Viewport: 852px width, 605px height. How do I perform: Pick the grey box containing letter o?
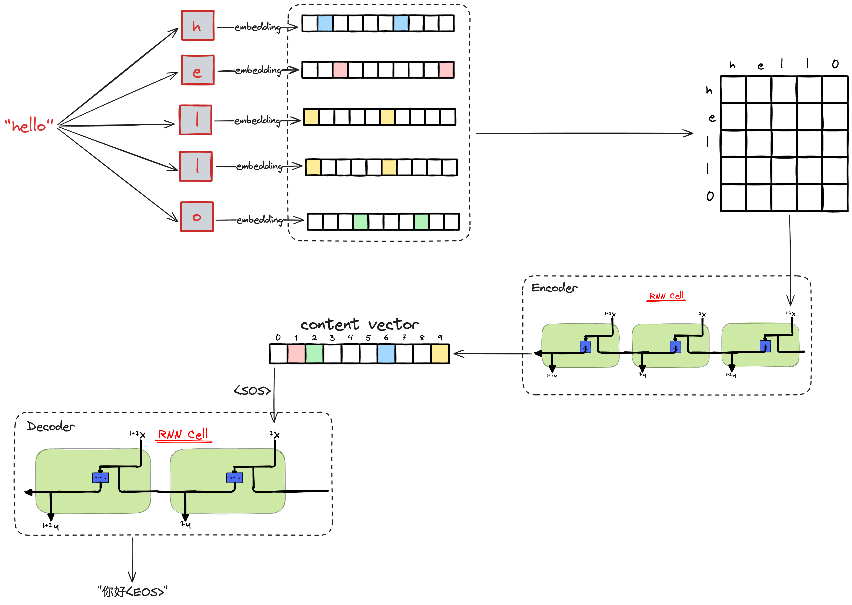click(197, 217)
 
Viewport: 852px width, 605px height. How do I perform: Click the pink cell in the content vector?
click(296, 354)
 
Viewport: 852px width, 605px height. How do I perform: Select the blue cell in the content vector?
click(386, 354)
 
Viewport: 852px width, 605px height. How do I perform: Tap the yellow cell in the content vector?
click(440, 354)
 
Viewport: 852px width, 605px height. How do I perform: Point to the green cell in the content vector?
click(314, 354)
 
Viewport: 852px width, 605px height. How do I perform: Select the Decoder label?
click(51, 426)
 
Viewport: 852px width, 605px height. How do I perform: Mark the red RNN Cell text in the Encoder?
click(666, 296)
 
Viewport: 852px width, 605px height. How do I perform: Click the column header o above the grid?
click(835, 64)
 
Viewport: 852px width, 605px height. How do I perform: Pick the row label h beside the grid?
click(709, 90)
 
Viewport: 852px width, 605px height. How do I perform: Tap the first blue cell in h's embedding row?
click(325, 23)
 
